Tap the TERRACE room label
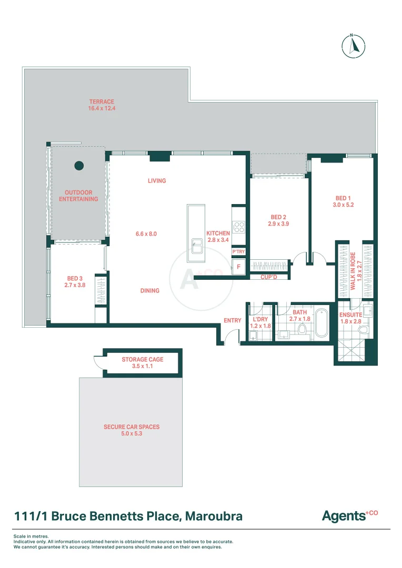pos(102,102)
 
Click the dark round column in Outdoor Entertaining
pos(79,166)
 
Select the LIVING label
pos(157,181)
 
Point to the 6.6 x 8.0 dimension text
pos(146,234)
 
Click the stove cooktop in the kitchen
pos(239,227)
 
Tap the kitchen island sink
pos(197,245)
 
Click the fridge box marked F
pos(239,267)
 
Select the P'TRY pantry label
pos(239,252)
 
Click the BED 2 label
pos(278,217)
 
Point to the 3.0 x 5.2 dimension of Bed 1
pos(343,205)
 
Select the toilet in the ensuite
pos(363,330)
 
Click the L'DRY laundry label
pos(259,319)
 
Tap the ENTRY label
pos(232,320)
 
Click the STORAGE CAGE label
pos(143,360)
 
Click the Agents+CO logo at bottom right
pos(350,515)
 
